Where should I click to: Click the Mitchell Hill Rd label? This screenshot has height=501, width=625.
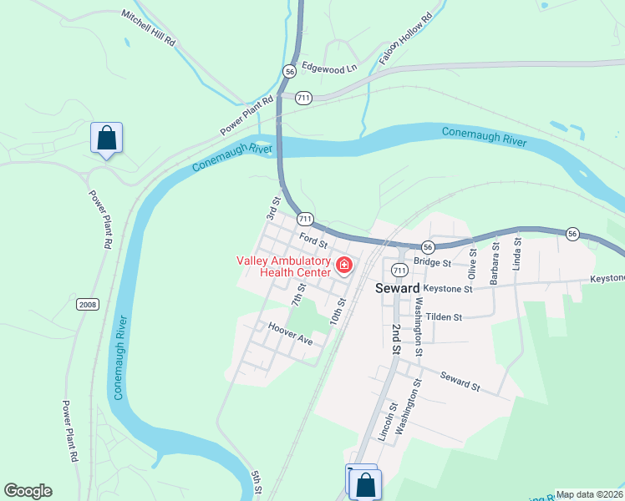coord(149,28)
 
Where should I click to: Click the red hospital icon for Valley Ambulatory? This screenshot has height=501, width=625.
coord(343,266)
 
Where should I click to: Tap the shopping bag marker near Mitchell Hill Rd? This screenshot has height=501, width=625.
coord(106,138)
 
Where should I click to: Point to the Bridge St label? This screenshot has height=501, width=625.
coord(432,262)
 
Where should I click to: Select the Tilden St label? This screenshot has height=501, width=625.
coord(444,317)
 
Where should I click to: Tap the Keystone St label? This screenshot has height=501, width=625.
coord(448,289)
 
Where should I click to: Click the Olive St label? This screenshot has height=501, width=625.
coord(473,262)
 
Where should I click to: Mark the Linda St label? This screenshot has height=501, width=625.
coord(517,254)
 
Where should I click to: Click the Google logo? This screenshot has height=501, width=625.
coord(28,491)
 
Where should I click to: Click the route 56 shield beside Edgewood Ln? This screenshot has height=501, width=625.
coord(289,72)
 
